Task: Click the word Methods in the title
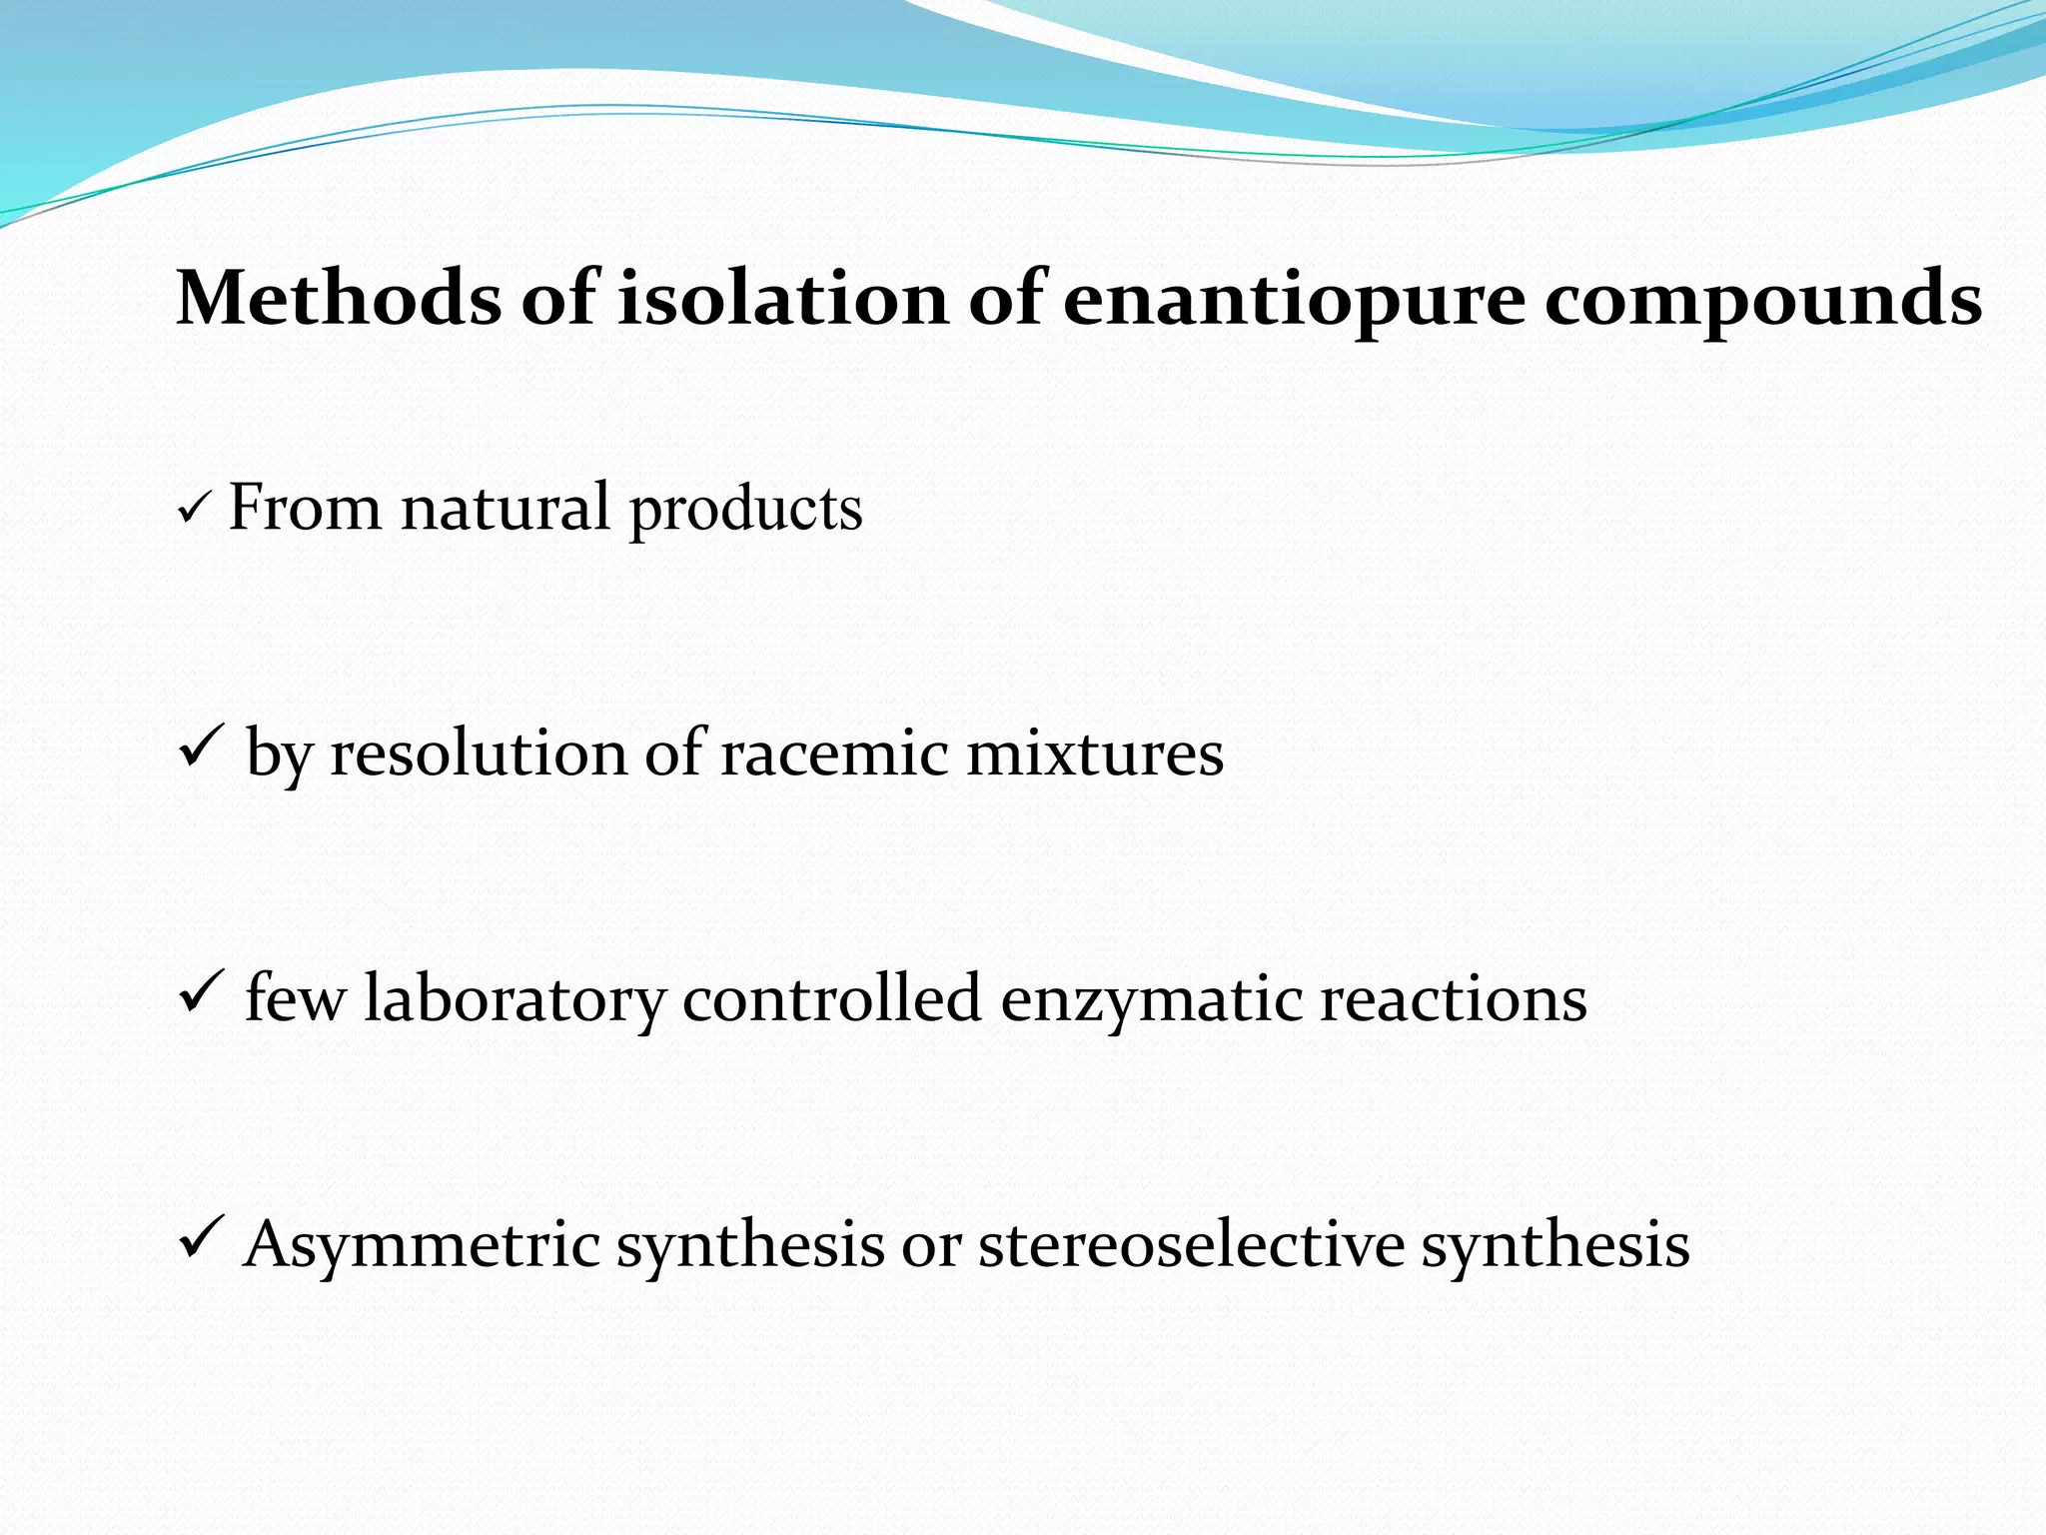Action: (338, 299)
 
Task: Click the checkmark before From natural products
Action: (192, 513)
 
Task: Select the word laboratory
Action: (514, 999)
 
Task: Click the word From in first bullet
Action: (305, 508)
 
